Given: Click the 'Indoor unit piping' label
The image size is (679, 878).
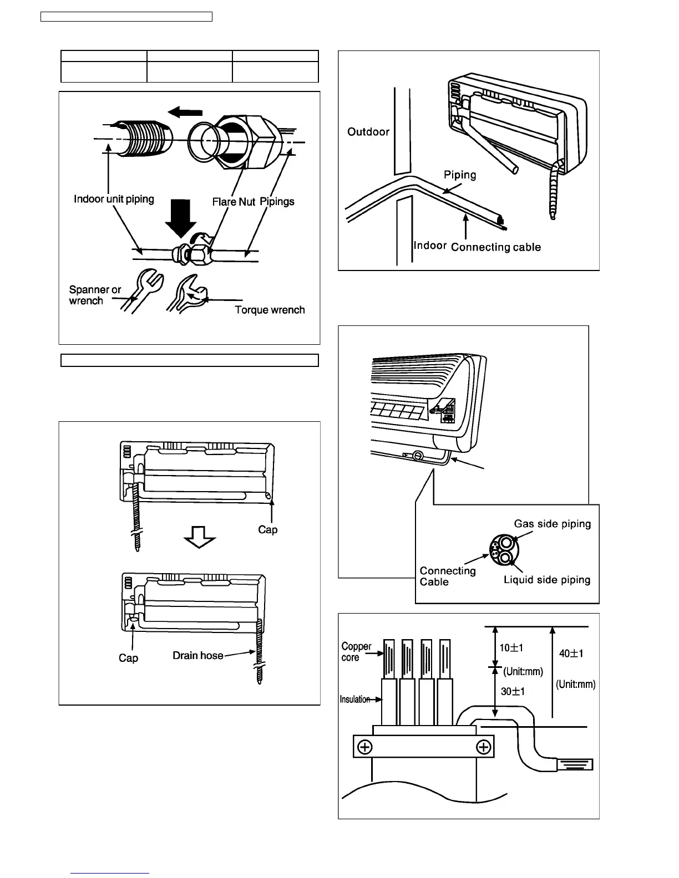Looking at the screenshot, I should (x=114, y=198).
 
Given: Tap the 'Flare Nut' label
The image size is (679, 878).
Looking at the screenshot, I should (x=234, y=202).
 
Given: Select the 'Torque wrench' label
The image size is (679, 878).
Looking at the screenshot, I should (x=270, y=310).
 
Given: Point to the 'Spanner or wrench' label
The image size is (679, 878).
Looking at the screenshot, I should (x=94, y=295).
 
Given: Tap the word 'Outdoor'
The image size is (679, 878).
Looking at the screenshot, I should (x=368, y=132).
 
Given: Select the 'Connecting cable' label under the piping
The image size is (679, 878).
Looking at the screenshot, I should (x=495, y=247).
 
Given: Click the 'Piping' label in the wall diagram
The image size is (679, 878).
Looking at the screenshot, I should (x=460, y=175).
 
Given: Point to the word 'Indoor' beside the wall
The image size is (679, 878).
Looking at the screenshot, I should (x=430, y=245).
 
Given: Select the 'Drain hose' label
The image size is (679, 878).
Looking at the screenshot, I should (x=198, y=655).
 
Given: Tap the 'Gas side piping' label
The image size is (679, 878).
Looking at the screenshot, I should (x=553, y=524).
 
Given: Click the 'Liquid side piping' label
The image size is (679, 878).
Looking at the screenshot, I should (x=547, y=580).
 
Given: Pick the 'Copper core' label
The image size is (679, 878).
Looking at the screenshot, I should (x=356, y=652).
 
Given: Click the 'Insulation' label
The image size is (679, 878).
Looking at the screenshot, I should (x=355, y=700).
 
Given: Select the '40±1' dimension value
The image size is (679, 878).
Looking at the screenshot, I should (x=571, y=654).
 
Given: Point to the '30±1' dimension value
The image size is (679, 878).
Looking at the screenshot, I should (x=513, y=692).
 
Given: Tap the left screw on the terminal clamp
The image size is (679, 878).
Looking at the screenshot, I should (x=364, y=748).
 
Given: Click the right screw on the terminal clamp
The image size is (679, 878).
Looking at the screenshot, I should (x=484, y=748).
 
